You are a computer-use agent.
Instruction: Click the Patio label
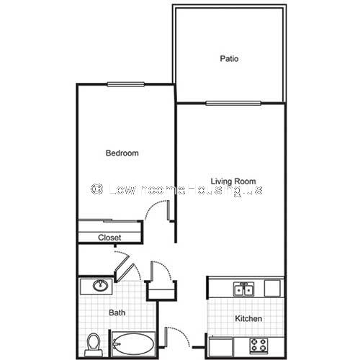click(229, 58)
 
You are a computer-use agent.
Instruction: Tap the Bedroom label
click(122, 153)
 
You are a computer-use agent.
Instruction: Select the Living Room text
click(233, 181)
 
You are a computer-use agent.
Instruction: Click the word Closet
click(109, 238)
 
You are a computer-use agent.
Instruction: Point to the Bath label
click(117, 312)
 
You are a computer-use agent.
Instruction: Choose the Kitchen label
click(248, 318)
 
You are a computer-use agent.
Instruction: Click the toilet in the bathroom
click(94, 345)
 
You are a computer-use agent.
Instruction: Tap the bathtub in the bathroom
click(133, 344)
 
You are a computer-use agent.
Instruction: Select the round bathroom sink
click(100, 285)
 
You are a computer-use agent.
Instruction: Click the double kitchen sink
click(244, 289)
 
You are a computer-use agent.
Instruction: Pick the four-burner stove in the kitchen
click(258, 346)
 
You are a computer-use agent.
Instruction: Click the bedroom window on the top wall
click(126, 84)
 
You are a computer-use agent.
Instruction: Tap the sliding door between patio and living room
click(233, 104)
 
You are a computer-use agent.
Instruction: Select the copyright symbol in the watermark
click(96, 189)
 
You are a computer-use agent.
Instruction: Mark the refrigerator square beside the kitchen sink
click(272, 288)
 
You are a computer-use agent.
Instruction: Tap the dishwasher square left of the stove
click(221, 346)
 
